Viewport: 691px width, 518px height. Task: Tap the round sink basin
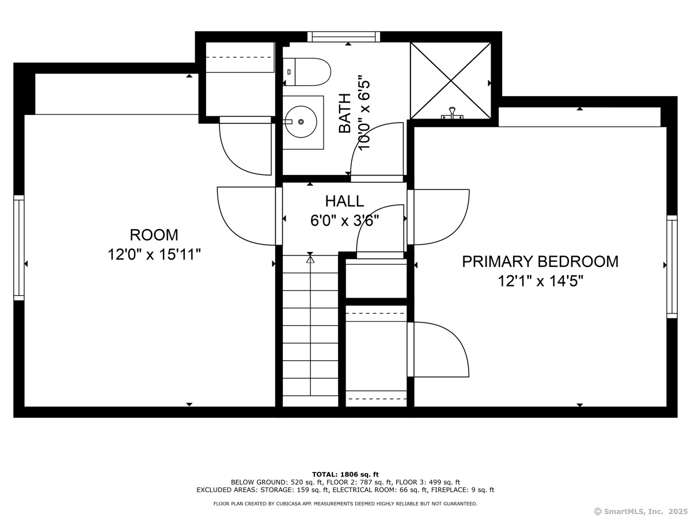[x=301, y=121]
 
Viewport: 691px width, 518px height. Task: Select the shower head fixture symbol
[x=452, y=113]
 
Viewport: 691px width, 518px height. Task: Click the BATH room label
[x=345, y=113]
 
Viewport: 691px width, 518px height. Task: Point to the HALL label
[x=344, y=201]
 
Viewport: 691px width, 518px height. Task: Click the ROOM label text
[x=154, y=235]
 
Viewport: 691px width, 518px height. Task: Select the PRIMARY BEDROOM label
[x=540, y=262]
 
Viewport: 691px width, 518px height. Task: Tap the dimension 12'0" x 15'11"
[x=154, y=254]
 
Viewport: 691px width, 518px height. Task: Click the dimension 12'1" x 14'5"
[x=540, y=281]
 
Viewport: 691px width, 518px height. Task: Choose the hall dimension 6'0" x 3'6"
[x=344, y=220]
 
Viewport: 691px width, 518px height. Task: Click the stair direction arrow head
[x=310, y=259]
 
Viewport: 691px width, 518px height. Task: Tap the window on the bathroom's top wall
[x=344, y=37]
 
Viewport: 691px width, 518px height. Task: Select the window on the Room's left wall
[x=19, y=248]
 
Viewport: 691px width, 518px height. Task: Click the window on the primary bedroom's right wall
[x=672, y=266]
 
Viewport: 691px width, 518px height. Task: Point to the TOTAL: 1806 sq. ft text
[x=345, y=474]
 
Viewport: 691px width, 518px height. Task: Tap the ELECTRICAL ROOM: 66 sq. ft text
[x=380, y=490]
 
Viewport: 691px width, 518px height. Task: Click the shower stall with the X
[x=451, y=81]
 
